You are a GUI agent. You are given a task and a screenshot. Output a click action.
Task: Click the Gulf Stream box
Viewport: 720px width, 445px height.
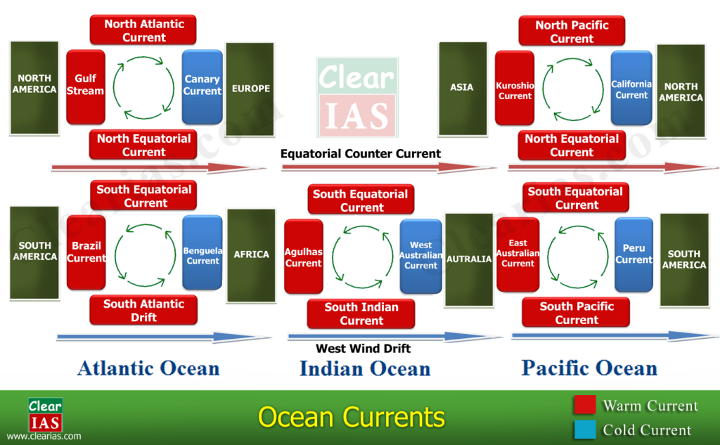coord(86,84)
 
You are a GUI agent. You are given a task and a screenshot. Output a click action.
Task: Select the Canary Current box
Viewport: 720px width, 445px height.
coord(202,86)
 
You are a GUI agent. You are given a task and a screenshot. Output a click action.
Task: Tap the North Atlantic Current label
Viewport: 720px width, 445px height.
coord(143,30)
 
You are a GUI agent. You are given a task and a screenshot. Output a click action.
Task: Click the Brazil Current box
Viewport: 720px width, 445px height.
coord(86,252)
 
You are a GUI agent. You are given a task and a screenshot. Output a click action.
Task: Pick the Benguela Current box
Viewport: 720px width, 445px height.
coord(202,253)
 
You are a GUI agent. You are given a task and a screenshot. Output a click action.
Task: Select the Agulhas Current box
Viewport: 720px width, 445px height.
coord(304,257)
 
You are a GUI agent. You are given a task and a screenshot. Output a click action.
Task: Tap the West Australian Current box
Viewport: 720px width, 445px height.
coord(420,256)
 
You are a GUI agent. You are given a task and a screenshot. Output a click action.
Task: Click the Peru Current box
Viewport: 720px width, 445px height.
coord(634,254)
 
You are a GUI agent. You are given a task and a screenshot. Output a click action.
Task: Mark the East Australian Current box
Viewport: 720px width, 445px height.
coord(518,254)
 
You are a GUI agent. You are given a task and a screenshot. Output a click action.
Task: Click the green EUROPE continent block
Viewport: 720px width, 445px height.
coord(250,89)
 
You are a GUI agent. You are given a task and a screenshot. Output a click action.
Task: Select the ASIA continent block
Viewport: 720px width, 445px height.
coord(462,88)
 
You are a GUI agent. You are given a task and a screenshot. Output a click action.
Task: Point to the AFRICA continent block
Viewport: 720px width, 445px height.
coord(251,254)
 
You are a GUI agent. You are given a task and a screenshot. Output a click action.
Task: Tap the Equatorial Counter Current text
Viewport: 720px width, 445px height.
coord(361,153)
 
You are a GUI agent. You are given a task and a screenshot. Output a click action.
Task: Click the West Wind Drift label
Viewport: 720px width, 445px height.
coord(363,349)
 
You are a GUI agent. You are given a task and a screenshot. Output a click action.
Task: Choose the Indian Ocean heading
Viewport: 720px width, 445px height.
coord(365,368)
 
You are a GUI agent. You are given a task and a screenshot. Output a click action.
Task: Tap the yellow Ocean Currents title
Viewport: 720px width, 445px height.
coord(352,417)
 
